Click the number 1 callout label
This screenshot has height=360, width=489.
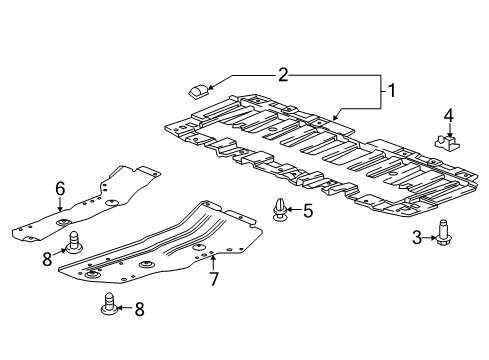pyautogui.click(x=393, y=92)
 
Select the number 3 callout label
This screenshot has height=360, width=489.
pyautogui.click(x=416, y=236)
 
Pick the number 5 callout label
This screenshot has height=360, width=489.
pyautogui.click(x=308, y=211)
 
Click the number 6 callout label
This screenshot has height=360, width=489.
pyautogui.click(x=60, y=187)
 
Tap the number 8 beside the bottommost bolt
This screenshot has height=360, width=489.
pyautogui.click(x=139, y=309)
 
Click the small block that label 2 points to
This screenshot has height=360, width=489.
pyautogui.click(x=198, y=90)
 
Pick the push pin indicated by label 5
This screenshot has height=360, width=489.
pyautogui.click(x=279, y=211)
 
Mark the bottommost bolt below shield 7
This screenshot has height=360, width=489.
pyautogui.click(x=109, y=305)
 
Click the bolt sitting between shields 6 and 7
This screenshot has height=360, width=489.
pyautogui.click(x=74, y=241)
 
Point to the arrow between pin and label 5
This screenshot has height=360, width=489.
pyautogui.click(x=294, y=211)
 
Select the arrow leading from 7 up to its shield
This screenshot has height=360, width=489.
pyautogui.click(x=212, y=262)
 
